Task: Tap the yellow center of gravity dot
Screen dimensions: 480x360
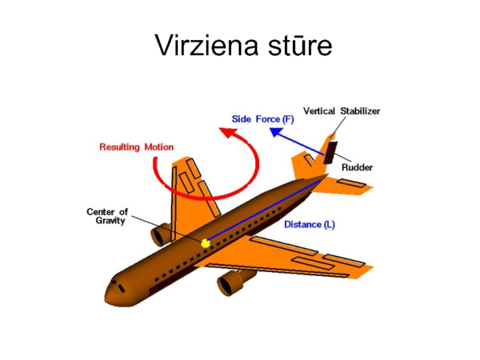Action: pyautogui.click(x=205, y=244)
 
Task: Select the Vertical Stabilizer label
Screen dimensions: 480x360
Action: pyautogui.click(x=341, y=111)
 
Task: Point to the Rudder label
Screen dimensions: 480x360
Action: pyautogui.click(x=357, y=167)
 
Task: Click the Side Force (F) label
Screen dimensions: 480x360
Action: pyautogui.click(x=263, y=119)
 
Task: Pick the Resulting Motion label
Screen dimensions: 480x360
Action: pyautogui.click(x=136, y=147)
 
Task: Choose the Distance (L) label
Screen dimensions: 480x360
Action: pyautogui.click(x=309, y=225)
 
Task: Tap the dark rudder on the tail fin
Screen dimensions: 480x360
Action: pyautogui.click(x=330, y=152)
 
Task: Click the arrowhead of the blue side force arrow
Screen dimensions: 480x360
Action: pyautogui.click(x=274, y=131)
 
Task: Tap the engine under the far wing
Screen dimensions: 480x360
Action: pyautogui.click(x=161, y=235)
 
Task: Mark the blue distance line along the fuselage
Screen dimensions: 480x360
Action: pyautogui.click(x=264, y=210)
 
